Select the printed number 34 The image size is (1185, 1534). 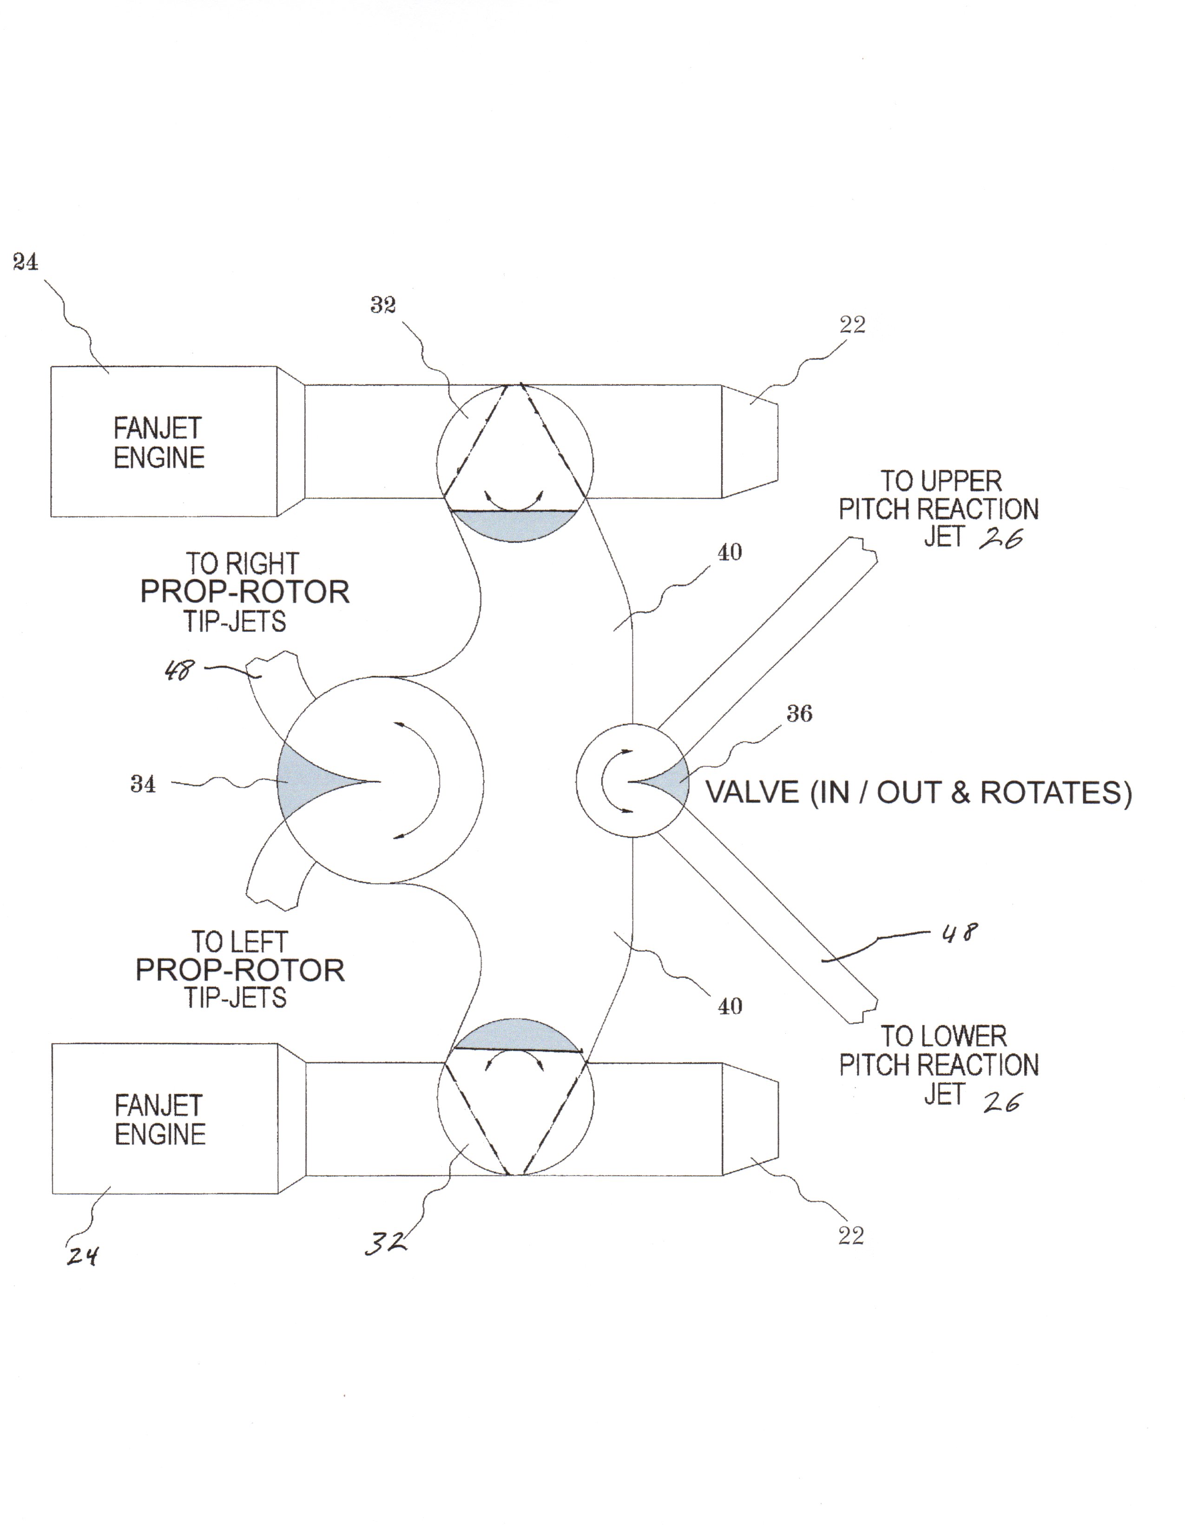(x=143, y=784)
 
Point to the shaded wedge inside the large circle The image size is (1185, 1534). (x=309, y=781)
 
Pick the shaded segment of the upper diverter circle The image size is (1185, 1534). (x=514, y=525)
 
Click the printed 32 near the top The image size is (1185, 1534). (x=383, y=305)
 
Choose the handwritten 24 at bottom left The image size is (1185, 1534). (x=82, y=1255)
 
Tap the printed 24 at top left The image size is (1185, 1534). (x=25, y=262)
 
